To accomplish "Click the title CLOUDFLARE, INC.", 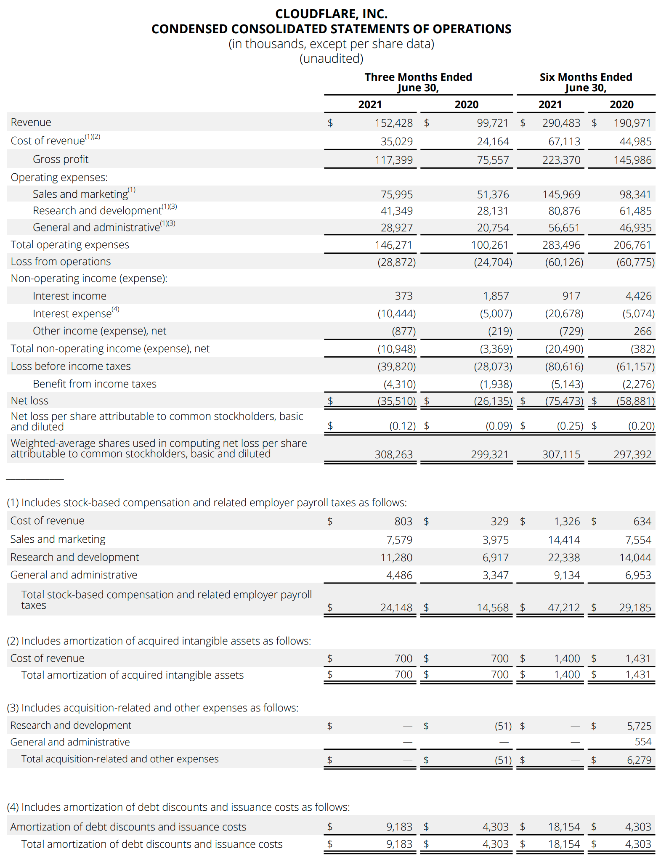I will [331, 14].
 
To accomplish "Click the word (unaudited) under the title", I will [331, 58].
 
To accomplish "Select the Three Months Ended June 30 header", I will [418, 82].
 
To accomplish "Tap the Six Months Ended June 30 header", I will [586, 82].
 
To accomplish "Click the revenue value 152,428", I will [393, 123].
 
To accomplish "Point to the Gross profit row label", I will [61, 159].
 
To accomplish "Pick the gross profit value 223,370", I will [561, 160].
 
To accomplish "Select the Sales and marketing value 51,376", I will [493, 194].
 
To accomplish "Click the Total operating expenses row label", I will [70, 244].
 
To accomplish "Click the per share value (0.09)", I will [499, 426].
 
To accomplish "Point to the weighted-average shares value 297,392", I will [632, 454].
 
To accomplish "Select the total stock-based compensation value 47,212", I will [563, 608].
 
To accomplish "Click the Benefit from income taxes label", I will [95, 384].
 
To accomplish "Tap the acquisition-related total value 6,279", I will [639, 760].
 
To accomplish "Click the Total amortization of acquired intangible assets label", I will [132, 675].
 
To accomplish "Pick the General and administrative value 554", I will [642, 742].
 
